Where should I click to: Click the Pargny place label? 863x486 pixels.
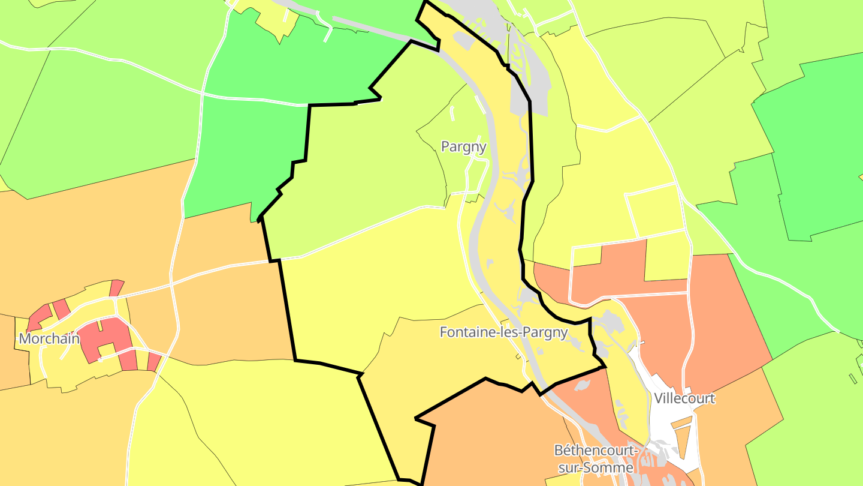[463, 146]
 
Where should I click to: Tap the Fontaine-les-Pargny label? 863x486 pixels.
[503, 332]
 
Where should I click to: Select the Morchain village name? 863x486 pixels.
[49, 338]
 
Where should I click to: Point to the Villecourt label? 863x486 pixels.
[684, 398]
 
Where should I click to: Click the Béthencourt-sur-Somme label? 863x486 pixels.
[594, 458]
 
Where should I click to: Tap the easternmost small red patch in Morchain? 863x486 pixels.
[154, 362]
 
